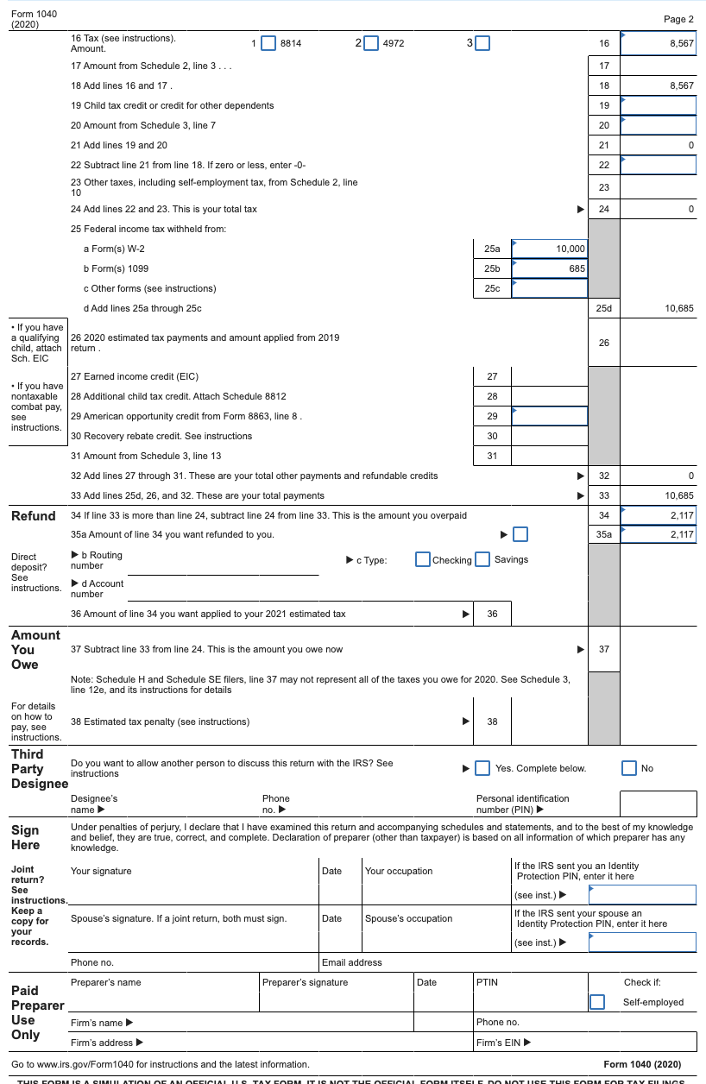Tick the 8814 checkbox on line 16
click(x=268, y=43)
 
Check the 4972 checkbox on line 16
click(x=370, y=43)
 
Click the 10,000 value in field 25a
click(x=570, y=249)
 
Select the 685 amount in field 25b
click(x=577, y=268)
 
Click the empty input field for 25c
click(x=549, y=288)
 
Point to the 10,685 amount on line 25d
click(x=679, y=308)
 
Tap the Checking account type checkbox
click(x=423, y=559)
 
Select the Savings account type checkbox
click(x=482, y=559)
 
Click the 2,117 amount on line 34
click(x=682, y=515)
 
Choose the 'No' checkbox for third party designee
click(x=630, y=768)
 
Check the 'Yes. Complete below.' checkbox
click(x=482, y=768)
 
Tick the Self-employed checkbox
click(x=597, y=1002)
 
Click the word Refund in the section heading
click(x=34, y=516)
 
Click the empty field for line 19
click(x=658, y=105)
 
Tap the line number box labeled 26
click(x=603, y=343)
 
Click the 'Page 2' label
click(x=678, y=19)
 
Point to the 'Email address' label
click(x=351, y=962)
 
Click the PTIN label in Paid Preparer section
click(x=487, y=982)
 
